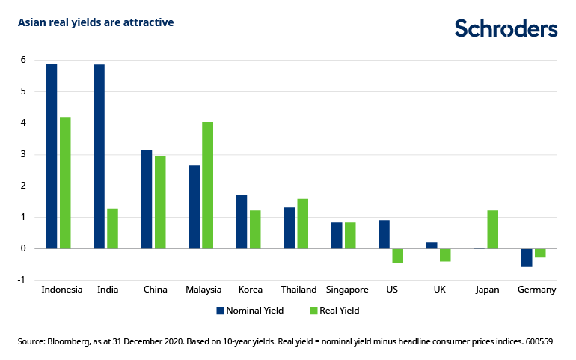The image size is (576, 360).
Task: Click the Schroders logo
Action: point(506,28)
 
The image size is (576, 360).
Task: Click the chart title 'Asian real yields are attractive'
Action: point(96,22)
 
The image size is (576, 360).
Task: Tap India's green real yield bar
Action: point(112,228)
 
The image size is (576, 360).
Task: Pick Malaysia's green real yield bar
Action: point(208,185)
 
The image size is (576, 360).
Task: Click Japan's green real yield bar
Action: point(492,229)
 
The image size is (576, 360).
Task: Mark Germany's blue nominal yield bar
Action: point(527,257)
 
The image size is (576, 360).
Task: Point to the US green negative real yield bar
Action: point(398,256)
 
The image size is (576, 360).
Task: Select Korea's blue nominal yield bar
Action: point(242,222)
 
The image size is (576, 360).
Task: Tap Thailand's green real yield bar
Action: point(303,224)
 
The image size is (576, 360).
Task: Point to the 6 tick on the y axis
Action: point(23,60)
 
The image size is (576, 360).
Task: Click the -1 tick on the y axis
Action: point(22,279)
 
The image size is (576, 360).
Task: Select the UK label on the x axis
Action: point(439,290)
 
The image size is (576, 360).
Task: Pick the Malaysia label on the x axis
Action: point(202,290)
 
